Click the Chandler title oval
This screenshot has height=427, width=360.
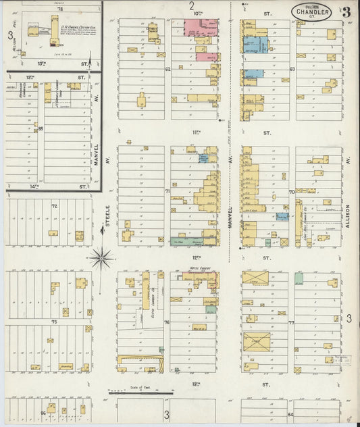coord(311,12)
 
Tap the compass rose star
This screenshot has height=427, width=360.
coord(101,257)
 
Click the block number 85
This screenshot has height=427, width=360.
coord(41,128)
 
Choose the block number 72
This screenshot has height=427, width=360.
coord(54,205)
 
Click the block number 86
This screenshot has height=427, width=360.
coord(44,411)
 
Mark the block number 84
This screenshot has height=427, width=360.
coord(291,414)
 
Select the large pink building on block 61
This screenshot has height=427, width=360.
coord(196,28)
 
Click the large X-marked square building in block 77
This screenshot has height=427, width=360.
coord(256,342)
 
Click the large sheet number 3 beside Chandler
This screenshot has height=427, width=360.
coord(346,12)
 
